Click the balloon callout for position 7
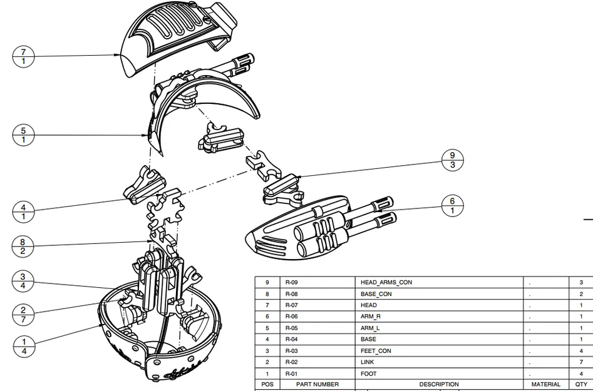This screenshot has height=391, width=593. point(23,56)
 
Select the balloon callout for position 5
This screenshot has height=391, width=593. point(23,135)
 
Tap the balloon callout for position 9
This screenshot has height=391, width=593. point(453,160)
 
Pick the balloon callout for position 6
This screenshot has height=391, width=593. point(453,206)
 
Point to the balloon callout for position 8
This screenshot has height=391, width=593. point(23,245)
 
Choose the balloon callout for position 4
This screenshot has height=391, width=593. point(23,211)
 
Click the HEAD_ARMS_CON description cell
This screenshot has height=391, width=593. point(386,283)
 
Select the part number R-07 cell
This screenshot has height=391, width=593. point(291,305)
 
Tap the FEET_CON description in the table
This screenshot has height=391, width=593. point(376,351)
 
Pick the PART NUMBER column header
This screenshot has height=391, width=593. point(317,384)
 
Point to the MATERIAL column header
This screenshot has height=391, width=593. point(545,384)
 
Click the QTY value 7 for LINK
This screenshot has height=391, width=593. point(581,362)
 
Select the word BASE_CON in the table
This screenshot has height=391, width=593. point(376,294)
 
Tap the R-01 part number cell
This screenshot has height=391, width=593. point(291,373)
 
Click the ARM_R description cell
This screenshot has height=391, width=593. point(371,317)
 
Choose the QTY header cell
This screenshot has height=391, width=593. point(581,384)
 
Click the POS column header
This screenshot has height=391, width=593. point(267,384)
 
